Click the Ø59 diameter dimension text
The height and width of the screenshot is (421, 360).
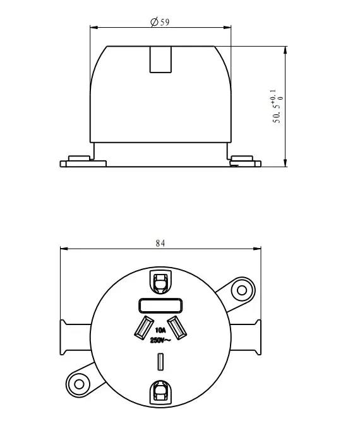[160, 22]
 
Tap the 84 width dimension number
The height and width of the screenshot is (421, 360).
[160, 242]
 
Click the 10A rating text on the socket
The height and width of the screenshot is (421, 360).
[160, 330]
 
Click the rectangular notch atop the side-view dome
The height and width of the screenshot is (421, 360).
[160, 60]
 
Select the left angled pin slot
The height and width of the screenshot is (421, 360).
[142, 328]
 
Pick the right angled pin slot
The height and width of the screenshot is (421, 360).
[177, 327]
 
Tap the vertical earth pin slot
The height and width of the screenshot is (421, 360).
[160, 362]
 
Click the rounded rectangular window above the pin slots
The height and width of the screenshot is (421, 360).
[160, 306]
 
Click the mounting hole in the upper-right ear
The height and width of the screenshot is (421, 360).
[241, 290]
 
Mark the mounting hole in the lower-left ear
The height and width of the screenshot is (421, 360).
[79, 383]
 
